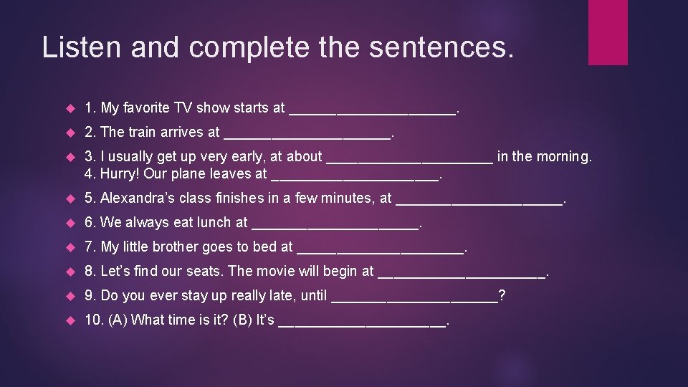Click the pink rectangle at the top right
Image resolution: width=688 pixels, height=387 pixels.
608,32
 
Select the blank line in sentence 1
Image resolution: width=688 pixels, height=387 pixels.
371,111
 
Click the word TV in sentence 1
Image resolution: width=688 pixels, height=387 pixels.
183,108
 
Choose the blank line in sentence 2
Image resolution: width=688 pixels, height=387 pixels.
307,135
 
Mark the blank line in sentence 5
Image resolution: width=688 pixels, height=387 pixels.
479,201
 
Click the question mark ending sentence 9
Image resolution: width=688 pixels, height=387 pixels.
502,295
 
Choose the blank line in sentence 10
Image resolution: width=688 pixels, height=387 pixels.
361,323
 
